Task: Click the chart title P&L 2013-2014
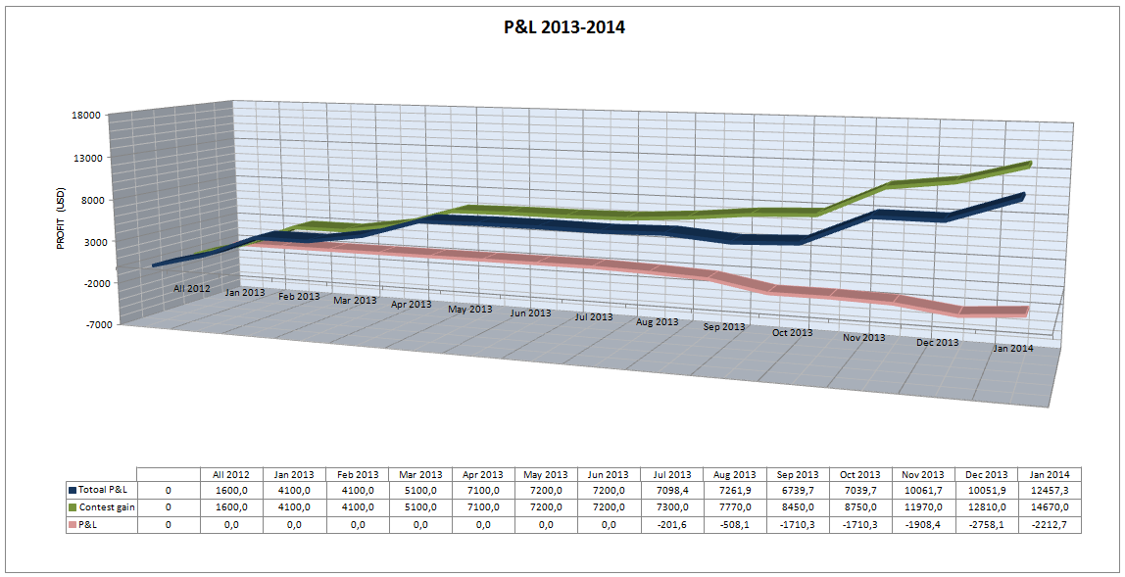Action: [x=562, y=27]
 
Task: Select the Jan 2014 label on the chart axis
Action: [x=1012, y=348]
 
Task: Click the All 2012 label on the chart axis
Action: [x=192, y=288]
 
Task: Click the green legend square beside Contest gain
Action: [x=73, y=506]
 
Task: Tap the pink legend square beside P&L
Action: [x=73, y=524]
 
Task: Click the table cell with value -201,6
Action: [x=671, y=524]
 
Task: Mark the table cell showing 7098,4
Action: [x=671, y=489]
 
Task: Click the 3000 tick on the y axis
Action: [x=90, y=241]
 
